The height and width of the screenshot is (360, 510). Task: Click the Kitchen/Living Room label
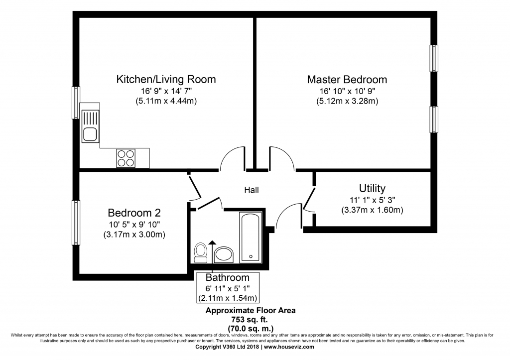(x=166, y=79)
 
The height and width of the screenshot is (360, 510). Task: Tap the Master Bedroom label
(x=347, y=80)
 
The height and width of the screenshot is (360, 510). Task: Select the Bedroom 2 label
(x=134, y=213)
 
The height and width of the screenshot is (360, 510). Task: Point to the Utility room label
(x=372, y=189)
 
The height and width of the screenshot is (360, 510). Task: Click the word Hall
(x=252, y=190)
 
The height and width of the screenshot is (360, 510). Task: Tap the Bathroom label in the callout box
(x=227, y=278)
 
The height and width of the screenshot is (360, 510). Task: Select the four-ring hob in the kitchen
(x=126, y=158)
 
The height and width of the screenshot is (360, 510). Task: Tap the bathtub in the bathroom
(x=251, y=237)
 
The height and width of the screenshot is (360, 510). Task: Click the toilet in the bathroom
(x=201, y=252)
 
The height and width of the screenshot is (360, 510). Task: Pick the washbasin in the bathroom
(x=224, y=254)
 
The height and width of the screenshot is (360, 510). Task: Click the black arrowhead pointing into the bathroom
(x=212, y=242)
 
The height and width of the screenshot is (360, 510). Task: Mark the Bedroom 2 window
(x=76, y=223)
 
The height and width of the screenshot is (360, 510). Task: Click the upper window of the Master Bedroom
(x=434, y=58)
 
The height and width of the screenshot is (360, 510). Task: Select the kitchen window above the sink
(x=76, y=103)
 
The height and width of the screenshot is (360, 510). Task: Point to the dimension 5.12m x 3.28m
(x=347, y=101)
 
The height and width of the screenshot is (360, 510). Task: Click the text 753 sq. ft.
(x=250, y=319)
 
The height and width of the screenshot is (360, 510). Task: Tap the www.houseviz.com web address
(x=289, y=347)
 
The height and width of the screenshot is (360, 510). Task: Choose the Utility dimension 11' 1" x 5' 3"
(x=372, y=200)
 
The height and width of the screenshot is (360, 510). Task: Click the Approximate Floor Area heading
(x=251, y=311)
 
